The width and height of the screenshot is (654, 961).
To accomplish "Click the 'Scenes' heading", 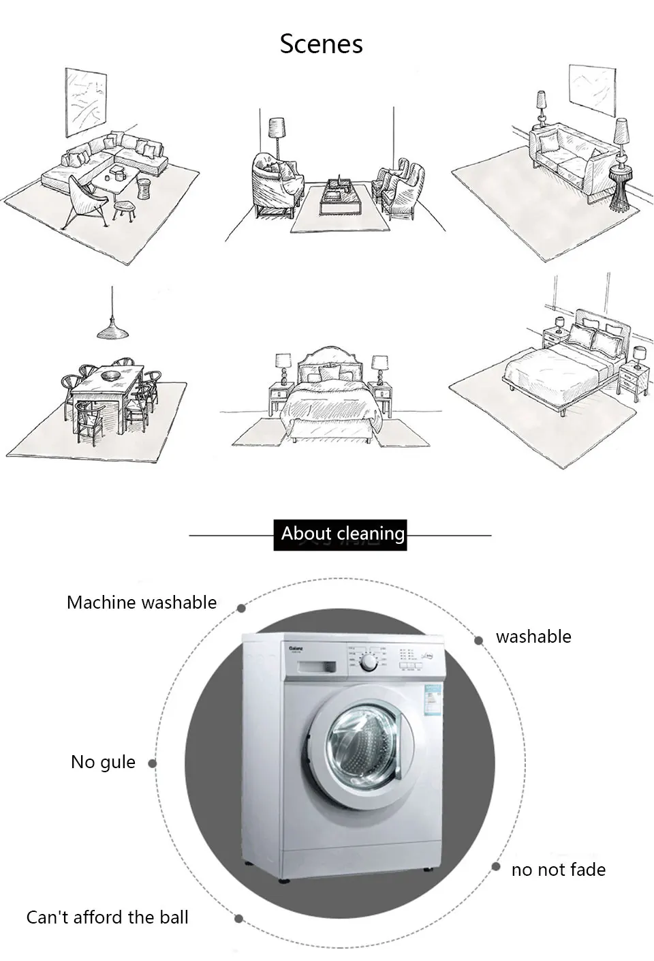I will click(x=321, y=44).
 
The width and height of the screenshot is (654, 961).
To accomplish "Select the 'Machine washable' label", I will click(x=142, y=602).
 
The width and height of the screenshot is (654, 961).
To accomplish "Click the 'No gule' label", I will click(x=103, y=762).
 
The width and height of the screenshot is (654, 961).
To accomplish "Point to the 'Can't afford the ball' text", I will click(x=107, y=917).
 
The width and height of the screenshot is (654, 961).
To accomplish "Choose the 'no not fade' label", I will click(x=558, y=870).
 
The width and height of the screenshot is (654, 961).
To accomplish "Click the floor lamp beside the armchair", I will click(x=276, y=134).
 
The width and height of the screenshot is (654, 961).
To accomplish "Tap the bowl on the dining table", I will click(x=110, y=376).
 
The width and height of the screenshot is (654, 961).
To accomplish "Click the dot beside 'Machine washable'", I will click(x=241, y=608).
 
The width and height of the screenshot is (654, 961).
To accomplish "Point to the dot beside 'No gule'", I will click(x=153, y=763).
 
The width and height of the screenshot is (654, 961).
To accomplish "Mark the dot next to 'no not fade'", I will click(x=495, y=867).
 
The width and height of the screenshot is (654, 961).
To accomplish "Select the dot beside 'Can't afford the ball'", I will click(x=238, y=919).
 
